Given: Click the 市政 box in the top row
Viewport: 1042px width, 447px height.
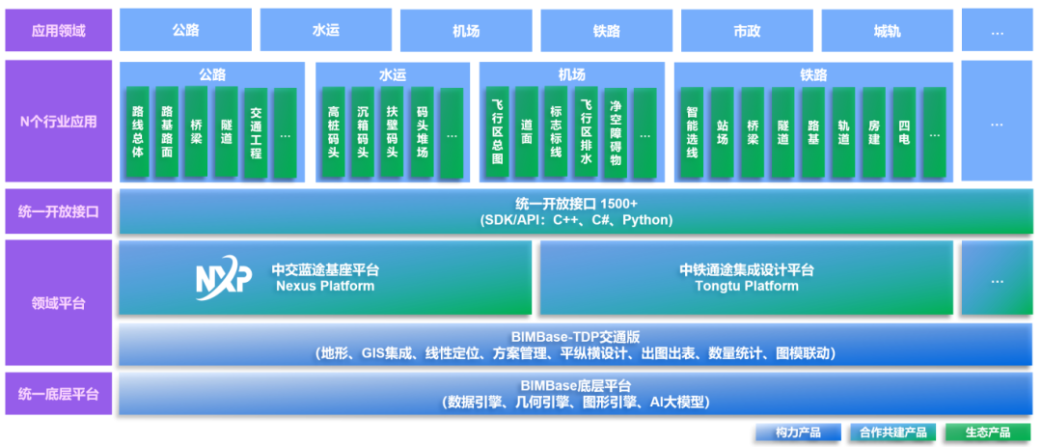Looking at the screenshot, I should click(747, 31).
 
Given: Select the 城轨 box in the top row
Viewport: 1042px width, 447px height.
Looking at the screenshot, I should click(887, 31).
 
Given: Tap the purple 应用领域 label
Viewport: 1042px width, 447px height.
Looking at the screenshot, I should click(59, 31).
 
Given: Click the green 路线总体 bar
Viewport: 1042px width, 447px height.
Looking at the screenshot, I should click(138, 132).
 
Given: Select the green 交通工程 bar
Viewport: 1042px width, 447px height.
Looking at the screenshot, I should click(257, 132).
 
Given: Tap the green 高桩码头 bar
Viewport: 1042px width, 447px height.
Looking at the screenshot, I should click(334, 132).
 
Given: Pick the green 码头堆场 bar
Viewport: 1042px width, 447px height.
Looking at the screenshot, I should click(422, 132).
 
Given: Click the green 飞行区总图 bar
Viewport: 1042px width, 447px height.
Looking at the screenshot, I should click(497, 132).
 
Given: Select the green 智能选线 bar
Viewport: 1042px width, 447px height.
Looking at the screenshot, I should click(692, 132).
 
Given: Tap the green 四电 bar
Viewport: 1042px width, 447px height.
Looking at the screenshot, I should click(903, 132).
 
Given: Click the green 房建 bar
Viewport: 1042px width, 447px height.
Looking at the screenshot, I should click(873, 132).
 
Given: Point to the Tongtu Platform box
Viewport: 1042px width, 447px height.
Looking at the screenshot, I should click(746, 278).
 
